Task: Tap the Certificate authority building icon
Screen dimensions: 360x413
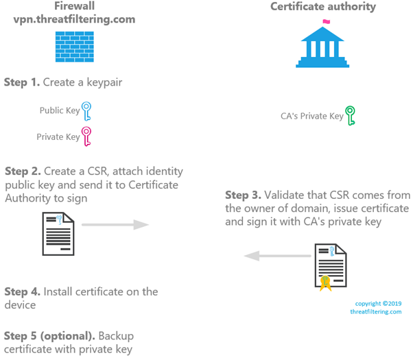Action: [322, 44]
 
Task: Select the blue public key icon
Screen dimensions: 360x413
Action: [86, 110]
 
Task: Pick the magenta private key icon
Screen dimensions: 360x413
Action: [86, 136]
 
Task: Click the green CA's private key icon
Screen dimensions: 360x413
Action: [351, 115]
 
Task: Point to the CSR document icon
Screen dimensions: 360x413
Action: [58, 234]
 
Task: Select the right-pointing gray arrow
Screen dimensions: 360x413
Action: [116, 225]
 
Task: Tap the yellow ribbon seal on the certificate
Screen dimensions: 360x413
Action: [324, 281]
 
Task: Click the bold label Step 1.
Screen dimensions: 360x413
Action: [23, 82]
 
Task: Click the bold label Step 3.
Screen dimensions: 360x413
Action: [244, 195]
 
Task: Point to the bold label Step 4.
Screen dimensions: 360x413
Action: [23, 291]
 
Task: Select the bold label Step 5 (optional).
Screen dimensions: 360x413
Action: [49, 336]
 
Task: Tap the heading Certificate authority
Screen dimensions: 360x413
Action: [323, 7]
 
